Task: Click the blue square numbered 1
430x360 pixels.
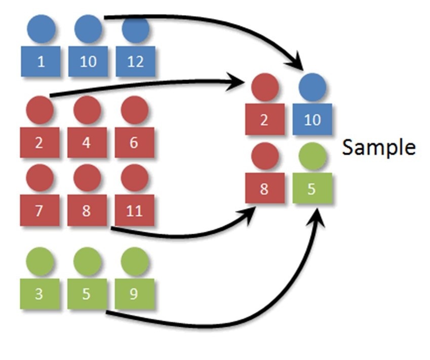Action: [x=41, y=61]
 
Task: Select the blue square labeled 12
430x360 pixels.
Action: [x=135, y=61]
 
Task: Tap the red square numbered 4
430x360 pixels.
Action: [x=87, y=142]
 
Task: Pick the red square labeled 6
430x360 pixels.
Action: [x=134, y=142]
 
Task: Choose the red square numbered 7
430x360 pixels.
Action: [x=40, y=210]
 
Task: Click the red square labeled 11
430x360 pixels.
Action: [x=134, y=210]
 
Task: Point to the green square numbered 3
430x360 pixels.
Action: [x=40, y=294]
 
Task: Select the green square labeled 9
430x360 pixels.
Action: [x=134, y=294]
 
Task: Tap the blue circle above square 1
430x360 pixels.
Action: [x=41, y=29]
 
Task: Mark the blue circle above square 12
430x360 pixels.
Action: [x=135, y=29]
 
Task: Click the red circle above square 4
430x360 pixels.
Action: [x=87, y=110]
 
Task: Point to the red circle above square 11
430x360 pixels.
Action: [x=134, y=177]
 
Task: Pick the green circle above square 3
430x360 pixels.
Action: [x=40, y=262]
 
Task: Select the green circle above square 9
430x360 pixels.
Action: [x=134, y=262]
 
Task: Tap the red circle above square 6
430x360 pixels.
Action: [x=134, y=110]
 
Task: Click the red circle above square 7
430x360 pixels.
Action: [x=40, y=177]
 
